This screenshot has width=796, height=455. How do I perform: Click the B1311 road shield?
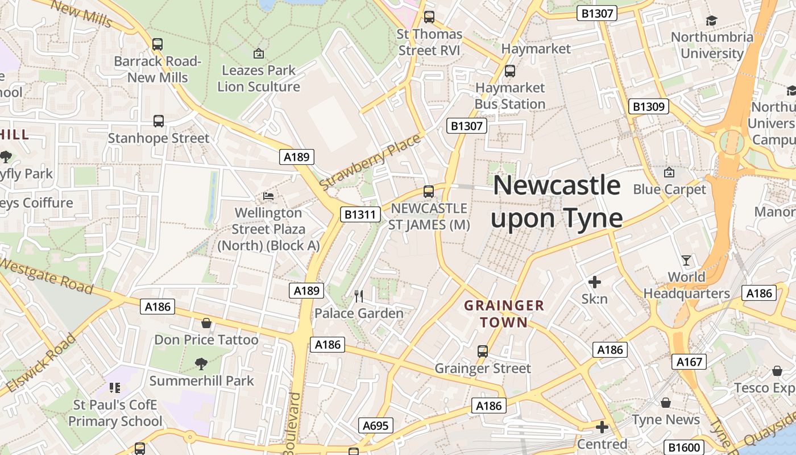coord(360,214)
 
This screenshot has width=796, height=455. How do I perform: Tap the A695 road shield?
coord(376,425)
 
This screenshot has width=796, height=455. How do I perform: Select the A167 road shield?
coord(690,362)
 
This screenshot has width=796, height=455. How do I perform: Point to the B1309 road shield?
coord(649,106)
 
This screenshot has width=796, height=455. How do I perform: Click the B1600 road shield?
coord(684,448)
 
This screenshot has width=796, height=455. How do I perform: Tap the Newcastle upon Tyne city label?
coord(557,202)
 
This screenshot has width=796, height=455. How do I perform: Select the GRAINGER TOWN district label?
coord(504,314)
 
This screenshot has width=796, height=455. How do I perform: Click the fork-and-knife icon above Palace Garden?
coord(359,296)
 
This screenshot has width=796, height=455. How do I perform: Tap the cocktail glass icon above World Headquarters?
coord(686,260)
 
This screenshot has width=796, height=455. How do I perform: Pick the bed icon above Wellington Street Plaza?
coord(268,196)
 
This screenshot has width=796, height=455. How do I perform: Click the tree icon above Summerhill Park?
coord(201,363)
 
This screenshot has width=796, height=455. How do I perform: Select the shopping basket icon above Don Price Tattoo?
coord(206,323)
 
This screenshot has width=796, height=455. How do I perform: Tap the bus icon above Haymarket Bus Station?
coord(510,71)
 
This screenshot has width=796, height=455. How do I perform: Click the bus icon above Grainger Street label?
coord(483,351)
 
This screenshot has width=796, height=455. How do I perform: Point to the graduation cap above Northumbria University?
coord(711,21)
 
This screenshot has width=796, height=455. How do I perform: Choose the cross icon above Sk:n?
coord(595,282)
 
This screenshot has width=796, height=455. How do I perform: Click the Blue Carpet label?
coord(669,189)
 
